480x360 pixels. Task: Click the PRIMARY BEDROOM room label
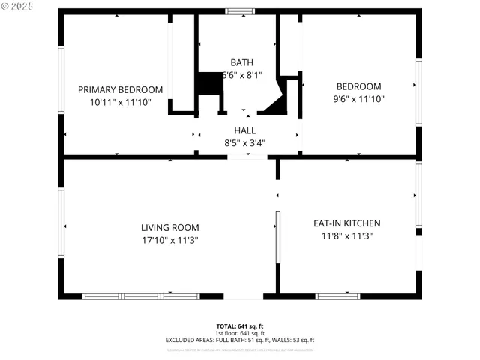tap(120, 89)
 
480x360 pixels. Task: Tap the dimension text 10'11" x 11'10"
tap(120, 101)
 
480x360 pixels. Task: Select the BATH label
tap(241, 62)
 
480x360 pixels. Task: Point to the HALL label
tap(244, 130)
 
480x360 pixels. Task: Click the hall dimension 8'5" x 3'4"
tap(244, 142)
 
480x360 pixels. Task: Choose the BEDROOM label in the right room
tap(358, 86)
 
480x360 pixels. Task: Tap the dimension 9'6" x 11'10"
tap(358, 98)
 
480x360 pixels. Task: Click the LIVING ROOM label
tap(169, 228)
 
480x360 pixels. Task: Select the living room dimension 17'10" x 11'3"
tap(169, 240)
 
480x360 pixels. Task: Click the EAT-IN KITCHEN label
tap(346, 223)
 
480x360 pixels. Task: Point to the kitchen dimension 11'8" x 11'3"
tap(346, 235)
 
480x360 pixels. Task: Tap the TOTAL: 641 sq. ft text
tap(239, 326)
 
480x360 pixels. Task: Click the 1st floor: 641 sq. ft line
tap(239, 333)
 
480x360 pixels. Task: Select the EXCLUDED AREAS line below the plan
tap(239, 340)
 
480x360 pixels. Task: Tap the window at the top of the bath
tap(240, 11)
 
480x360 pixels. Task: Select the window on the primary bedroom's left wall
tap(61, 79)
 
